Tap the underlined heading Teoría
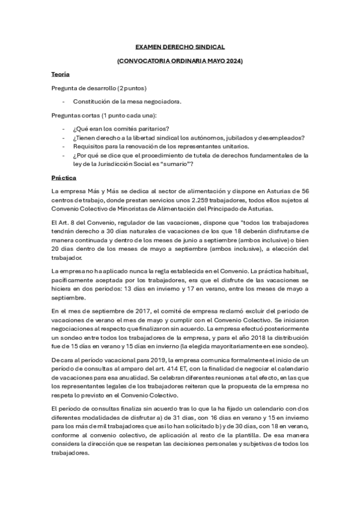[61, 74]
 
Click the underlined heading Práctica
[63, 177]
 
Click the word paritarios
[153, 128]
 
